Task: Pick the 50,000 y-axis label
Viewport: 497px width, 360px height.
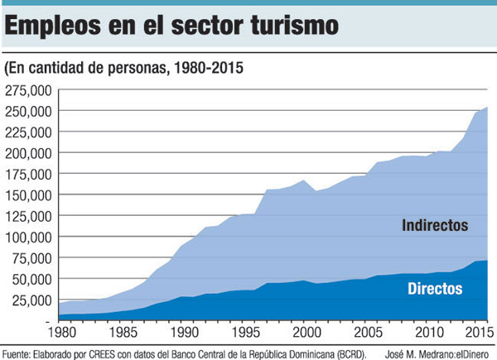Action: pos(33,279)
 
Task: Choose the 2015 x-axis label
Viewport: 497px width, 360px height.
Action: pos(475,334)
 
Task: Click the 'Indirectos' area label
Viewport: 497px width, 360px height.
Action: pos(435,225)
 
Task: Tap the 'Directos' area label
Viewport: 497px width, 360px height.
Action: pos(435,289)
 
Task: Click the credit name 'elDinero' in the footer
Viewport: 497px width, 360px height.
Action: pos(471,352)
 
